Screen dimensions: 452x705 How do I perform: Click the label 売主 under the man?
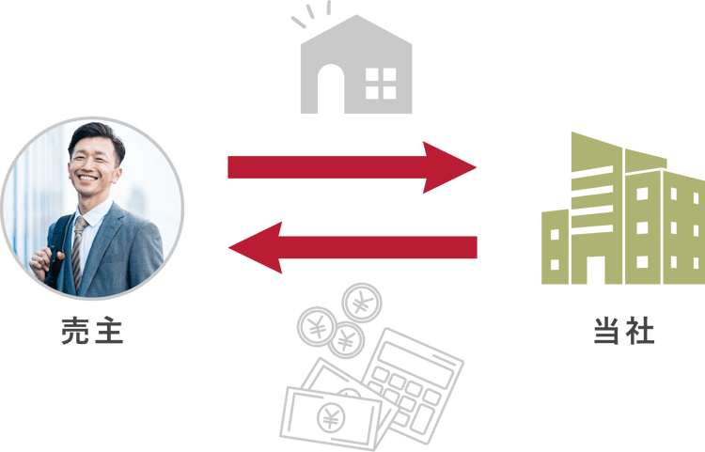click(92, 332)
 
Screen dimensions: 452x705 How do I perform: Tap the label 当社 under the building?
click(623, 332)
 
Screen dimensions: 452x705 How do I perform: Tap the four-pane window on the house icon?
click(381, 83)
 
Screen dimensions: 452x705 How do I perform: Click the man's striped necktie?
click(78, 246)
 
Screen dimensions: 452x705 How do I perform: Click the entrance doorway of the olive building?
click(599, 268)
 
